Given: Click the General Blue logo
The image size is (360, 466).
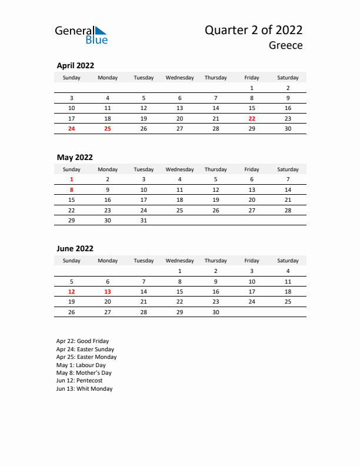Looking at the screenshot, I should point(81,35).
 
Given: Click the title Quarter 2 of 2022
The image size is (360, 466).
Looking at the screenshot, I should point(254,31).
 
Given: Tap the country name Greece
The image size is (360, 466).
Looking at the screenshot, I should point(286,45).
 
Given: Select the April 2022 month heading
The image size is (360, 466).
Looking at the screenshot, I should point(75,66).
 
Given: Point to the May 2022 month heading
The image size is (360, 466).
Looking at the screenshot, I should point(75,157).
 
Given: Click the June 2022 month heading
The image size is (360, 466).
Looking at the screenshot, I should point(75,249).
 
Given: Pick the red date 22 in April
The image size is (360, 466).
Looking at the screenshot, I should point(252,118).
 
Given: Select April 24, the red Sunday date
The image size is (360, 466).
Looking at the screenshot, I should point(72,128).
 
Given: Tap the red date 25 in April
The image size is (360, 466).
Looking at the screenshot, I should point(108,128).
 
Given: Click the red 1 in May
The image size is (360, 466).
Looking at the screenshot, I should point(72,179).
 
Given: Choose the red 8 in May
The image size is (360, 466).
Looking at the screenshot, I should point(72,189).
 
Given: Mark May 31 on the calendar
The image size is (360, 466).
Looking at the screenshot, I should point(144,220).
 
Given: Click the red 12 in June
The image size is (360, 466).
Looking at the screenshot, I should point(72,291).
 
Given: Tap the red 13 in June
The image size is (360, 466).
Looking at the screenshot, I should point(108,291).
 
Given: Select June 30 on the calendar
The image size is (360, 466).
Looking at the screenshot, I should point(216,312).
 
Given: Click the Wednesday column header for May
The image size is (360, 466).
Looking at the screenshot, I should point(179,169).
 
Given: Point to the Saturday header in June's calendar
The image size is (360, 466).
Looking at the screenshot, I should point(288,261).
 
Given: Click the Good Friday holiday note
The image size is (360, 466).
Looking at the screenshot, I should point(82,341).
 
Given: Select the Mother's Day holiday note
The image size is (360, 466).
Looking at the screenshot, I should point(84,373).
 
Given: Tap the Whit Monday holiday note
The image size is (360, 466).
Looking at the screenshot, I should point(84,389).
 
